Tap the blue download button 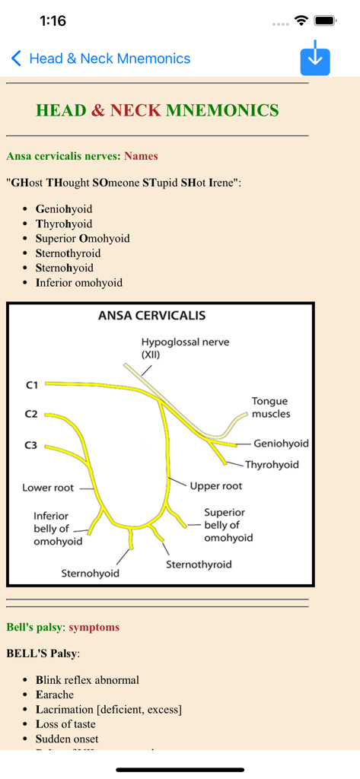(315, 59)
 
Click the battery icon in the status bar (325, 21)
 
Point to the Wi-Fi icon (301, 21)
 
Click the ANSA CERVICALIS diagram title (151, 315)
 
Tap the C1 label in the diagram (31, 385)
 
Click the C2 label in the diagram (31, 415)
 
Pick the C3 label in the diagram (31, 445)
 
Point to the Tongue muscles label (270, 407)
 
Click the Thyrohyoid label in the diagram (272, 464)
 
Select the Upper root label (216, 485)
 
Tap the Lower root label (48, 488)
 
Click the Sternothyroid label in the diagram (199, 564)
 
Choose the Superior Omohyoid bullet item (82, 238)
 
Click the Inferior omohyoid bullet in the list (78, 282)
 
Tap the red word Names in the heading (141, 156)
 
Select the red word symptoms (94, 628)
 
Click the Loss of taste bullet (67, 724)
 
